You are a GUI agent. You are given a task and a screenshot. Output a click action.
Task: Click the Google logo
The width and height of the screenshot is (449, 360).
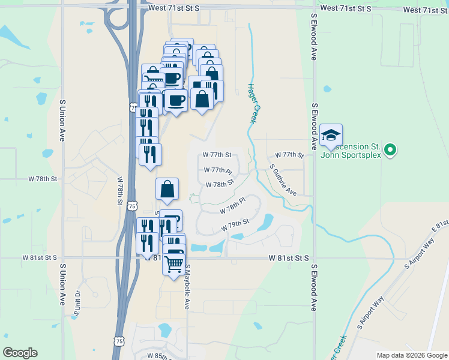click(x=20, y=353)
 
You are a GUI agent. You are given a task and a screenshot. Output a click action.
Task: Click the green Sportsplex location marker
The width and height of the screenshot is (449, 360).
click(x=390, y=149)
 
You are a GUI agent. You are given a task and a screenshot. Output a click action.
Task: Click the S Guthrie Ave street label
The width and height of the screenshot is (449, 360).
click(x=283, y=180)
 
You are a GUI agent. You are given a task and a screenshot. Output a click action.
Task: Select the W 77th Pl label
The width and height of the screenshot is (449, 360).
click(x=217, y=170)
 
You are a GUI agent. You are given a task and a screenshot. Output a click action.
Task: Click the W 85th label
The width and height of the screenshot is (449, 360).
click(x=158, y=356)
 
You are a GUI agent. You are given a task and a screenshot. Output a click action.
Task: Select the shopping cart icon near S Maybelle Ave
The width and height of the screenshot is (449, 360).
click(x=173, y=263)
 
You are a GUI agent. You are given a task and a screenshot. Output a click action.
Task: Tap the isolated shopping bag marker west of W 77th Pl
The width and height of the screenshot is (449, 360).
click(x=167, y=189)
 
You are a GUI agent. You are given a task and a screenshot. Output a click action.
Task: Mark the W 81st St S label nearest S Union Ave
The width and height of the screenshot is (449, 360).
click(x=40, y=257)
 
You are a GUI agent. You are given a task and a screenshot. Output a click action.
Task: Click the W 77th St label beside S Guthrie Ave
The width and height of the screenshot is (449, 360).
click(x=289, y=155)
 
